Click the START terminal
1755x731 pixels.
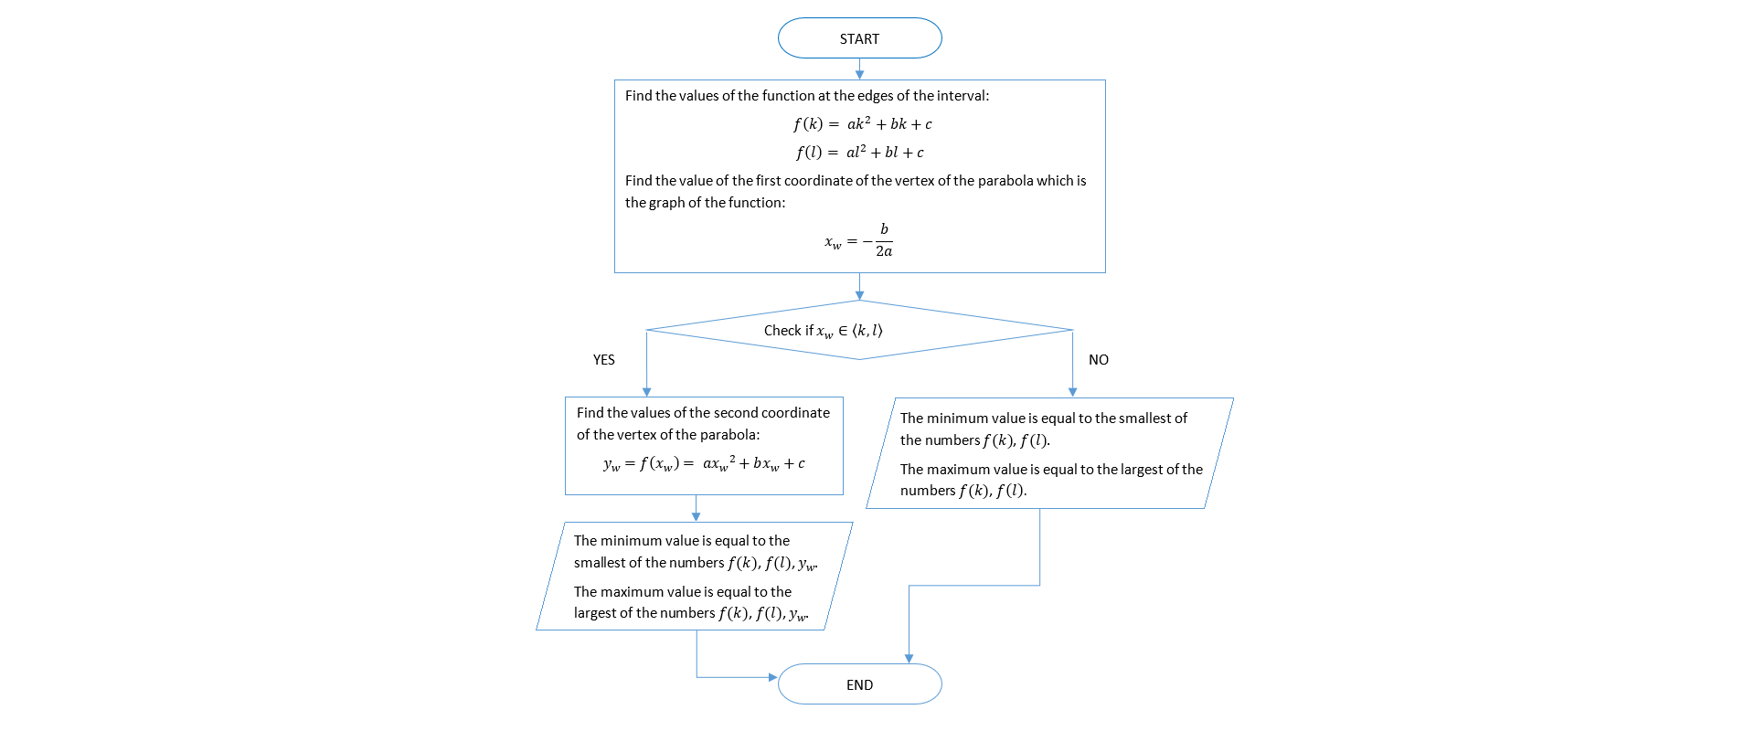point(859,38)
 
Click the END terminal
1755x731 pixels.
point(859,684)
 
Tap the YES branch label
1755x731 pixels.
point(603,360)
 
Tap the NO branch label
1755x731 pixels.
point(1098,360)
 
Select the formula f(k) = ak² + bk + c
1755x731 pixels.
point(862,124)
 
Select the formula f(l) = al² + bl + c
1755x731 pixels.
point(859,153)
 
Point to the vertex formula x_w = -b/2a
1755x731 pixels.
point(858,241)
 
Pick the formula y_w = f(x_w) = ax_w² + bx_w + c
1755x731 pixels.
point(704,464)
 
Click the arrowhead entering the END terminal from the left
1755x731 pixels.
point(772,677)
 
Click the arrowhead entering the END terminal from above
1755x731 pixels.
point(909,658)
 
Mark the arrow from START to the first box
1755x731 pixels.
point(859,69)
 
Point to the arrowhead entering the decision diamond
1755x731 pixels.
point(859,295)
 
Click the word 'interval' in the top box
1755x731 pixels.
point(962,96)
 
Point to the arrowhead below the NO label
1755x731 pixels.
point(1072,392)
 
